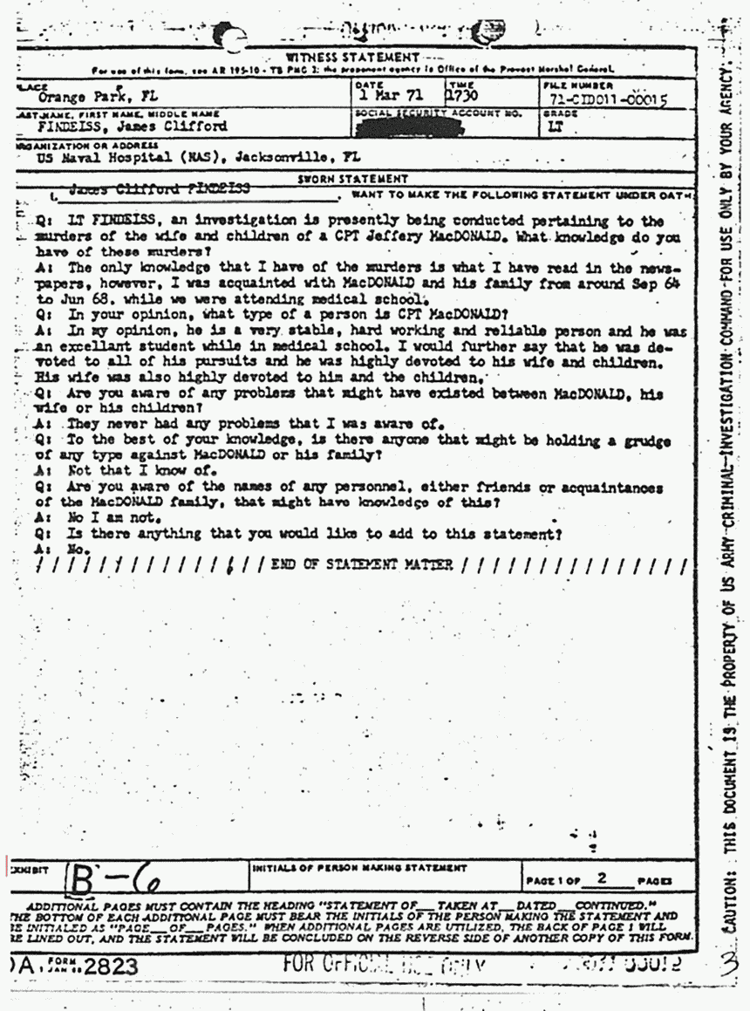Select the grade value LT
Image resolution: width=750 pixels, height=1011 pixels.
pos(553,126)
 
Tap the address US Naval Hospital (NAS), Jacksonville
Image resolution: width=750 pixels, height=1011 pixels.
pos(198,160)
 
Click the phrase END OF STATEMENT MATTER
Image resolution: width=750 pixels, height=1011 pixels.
pos(361,564)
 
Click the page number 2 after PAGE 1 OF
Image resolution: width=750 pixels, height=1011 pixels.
pos(598,878)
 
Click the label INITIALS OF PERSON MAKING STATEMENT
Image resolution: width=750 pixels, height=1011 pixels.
pos(358,869)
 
